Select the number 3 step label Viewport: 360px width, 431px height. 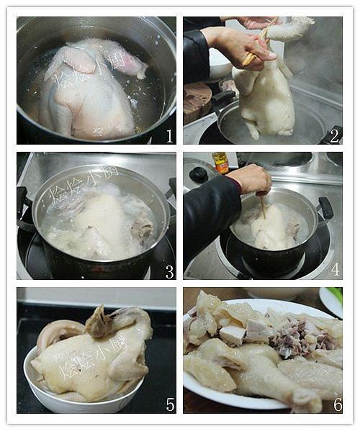pos(169,271)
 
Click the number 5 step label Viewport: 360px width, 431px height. pos(169,404)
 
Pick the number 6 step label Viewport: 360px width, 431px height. pos(336,404)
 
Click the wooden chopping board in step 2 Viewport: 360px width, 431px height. pos(197,101)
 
